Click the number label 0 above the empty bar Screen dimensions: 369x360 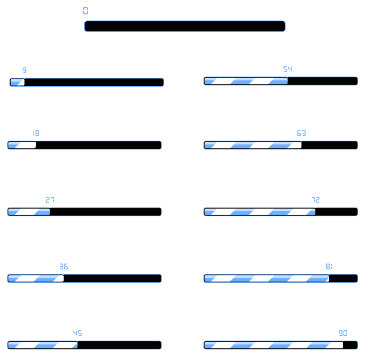point(86,11)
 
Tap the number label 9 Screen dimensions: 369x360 point(25,70)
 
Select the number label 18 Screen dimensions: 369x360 point(36,133)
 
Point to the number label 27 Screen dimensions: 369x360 point(50,200)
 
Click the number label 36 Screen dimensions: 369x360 point(64,266)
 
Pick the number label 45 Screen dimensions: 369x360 point(77,333)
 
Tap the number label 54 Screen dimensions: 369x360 point(287,69)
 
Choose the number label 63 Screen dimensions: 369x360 point(301,133)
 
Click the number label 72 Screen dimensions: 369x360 point(315,200)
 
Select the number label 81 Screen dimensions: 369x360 point(329,266)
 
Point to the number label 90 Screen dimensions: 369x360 point(343,333)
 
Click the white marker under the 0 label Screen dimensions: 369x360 point(86,19)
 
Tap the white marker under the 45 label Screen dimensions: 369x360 point(77,339)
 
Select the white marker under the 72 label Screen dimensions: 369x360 point(315,206)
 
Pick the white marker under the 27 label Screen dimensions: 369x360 point(50,206)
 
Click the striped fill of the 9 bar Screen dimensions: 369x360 point(17,82)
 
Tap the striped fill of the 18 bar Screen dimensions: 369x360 point(22,145)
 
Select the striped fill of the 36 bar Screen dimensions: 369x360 point(36,278)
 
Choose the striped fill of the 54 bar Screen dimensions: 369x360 point(246,81)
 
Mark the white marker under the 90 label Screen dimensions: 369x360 point(343,339)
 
